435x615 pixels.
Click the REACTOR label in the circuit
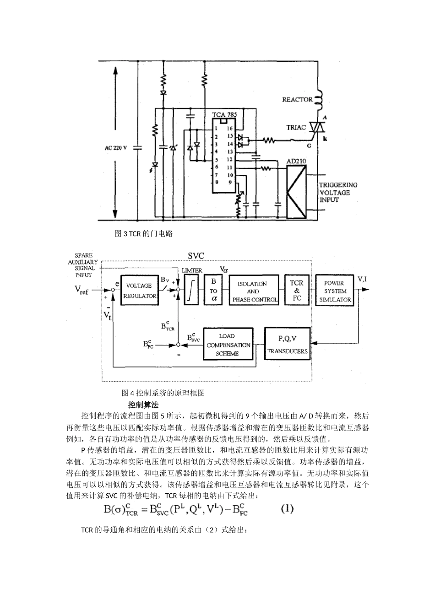[297, 99]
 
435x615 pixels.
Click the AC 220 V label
[116, 148]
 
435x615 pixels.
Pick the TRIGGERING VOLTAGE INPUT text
[338, 192]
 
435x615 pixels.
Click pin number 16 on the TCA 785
[229, 129]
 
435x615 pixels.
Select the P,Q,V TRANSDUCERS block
[288, 345]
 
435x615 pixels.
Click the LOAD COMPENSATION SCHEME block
[228, 345]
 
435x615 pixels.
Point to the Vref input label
[82, 290]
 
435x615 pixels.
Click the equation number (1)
[287, 508]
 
